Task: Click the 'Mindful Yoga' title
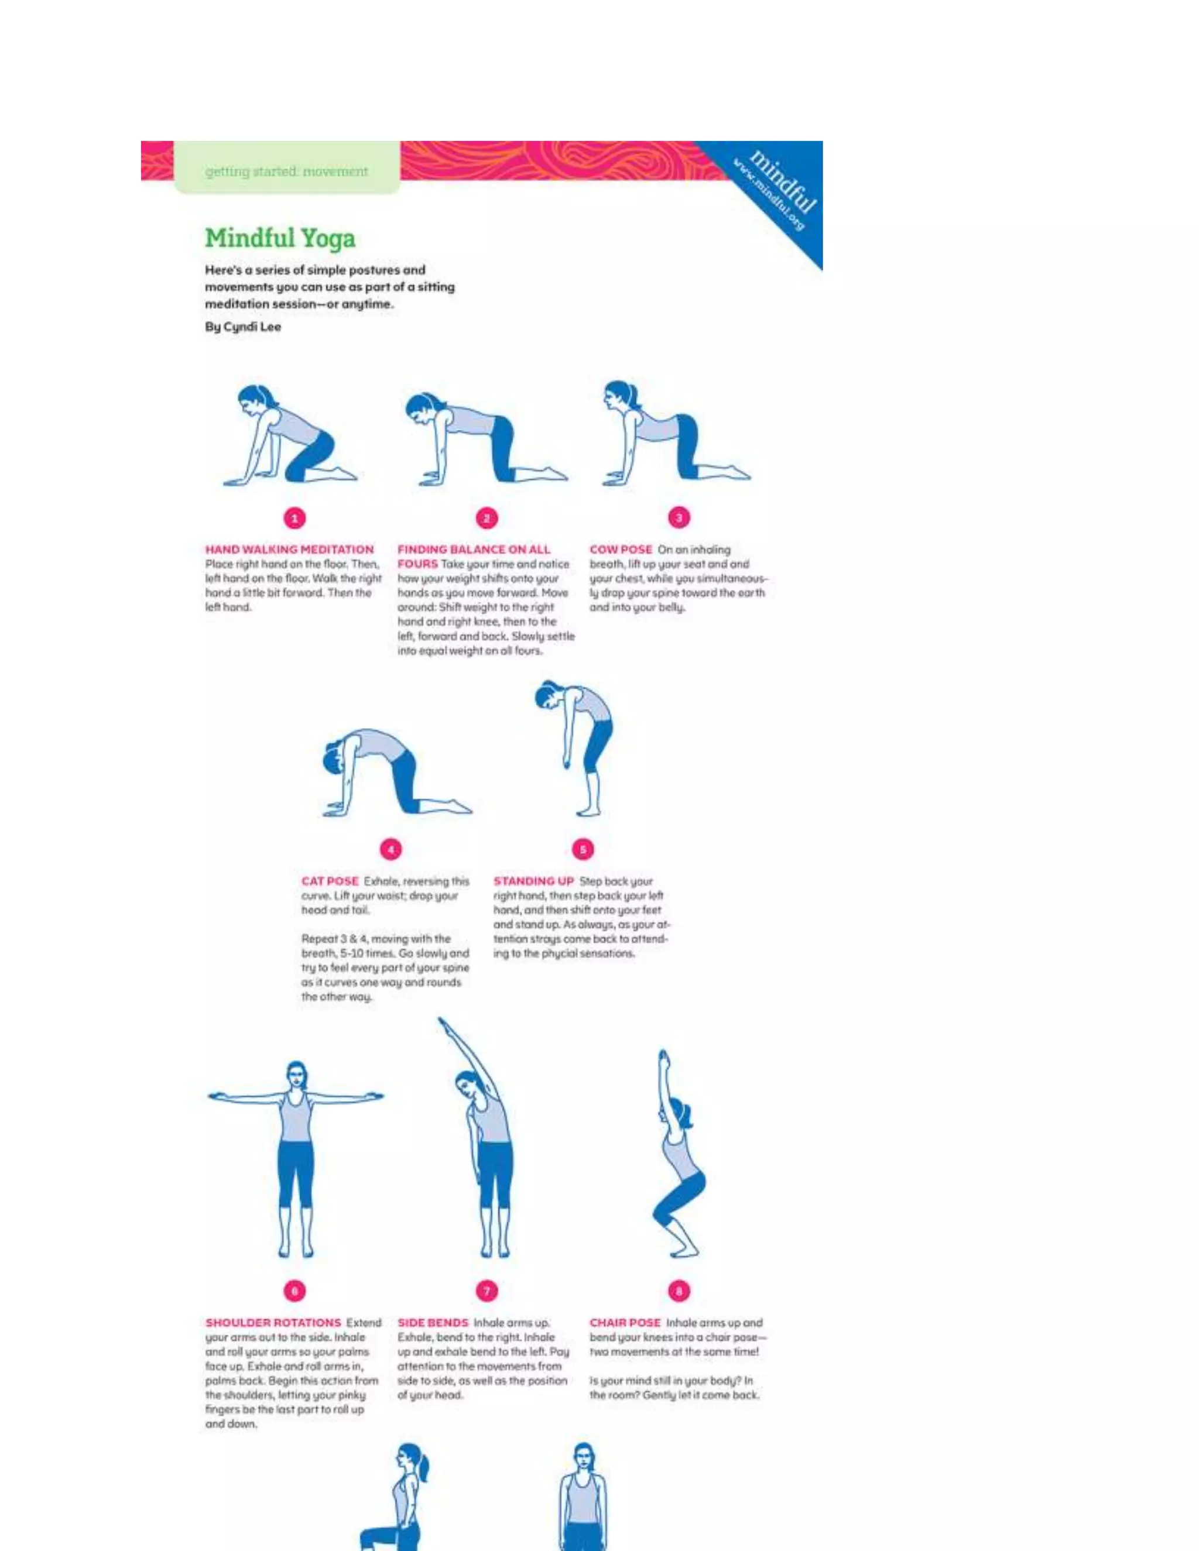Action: tap(280, 238)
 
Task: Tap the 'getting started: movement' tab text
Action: tap(286, 171)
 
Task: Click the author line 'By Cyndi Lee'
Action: tap(243, 327)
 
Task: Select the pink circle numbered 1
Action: tap(295, 518)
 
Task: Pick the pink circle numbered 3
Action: tap(679, 518)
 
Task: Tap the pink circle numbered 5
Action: tap(583, 849)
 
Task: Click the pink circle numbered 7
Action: tap(487, 1291)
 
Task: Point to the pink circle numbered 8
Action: tap(679, 1291)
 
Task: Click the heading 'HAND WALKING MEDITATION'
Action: tap(289, 550)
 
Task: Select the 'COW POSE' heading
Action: tap(620, 550)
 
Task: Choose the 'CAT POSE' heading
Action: tap(330, 881)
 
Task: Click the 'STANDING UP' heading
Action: tap(533, 881)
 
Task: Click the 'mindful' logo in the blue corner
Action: tap(783, 183)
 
